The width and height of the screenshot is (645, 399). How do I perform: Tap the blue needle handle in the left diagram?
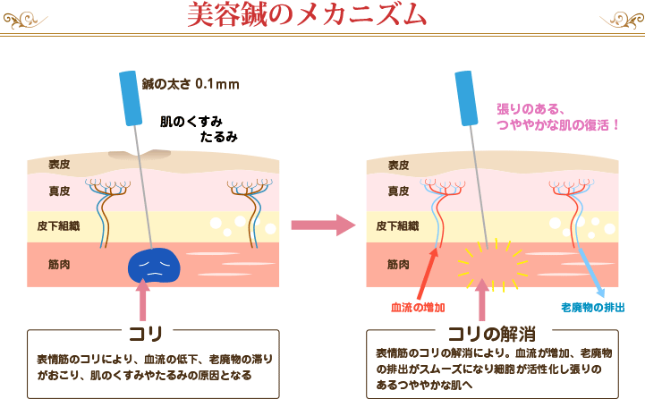pyautogui.click(x=131, y=98)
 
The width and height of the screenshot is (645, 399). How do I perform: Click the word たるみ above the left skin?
pyautogui.click(x=219, y=137)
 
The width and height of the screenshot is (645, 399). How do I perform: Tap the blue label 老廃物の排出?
pyautogui.click(x=592, y=307)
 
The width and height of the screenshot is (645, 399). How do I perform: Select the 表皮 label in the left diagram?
pyautogui.click(x=60, y=164)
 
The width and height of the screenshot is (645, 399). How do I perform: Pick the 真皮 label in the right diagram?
pyautogui.click(x=399, y=191)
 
